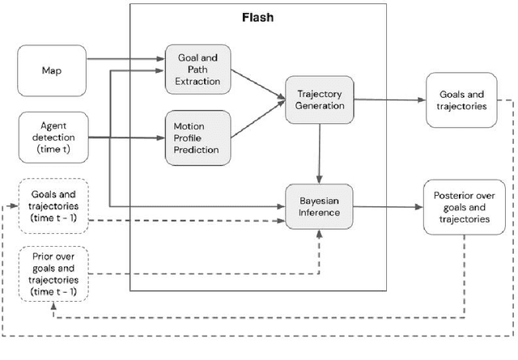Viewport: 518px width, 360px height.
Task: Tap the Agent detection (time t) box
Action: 50,138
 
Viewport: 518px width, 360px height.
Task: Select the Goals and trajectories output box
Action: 456,100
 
